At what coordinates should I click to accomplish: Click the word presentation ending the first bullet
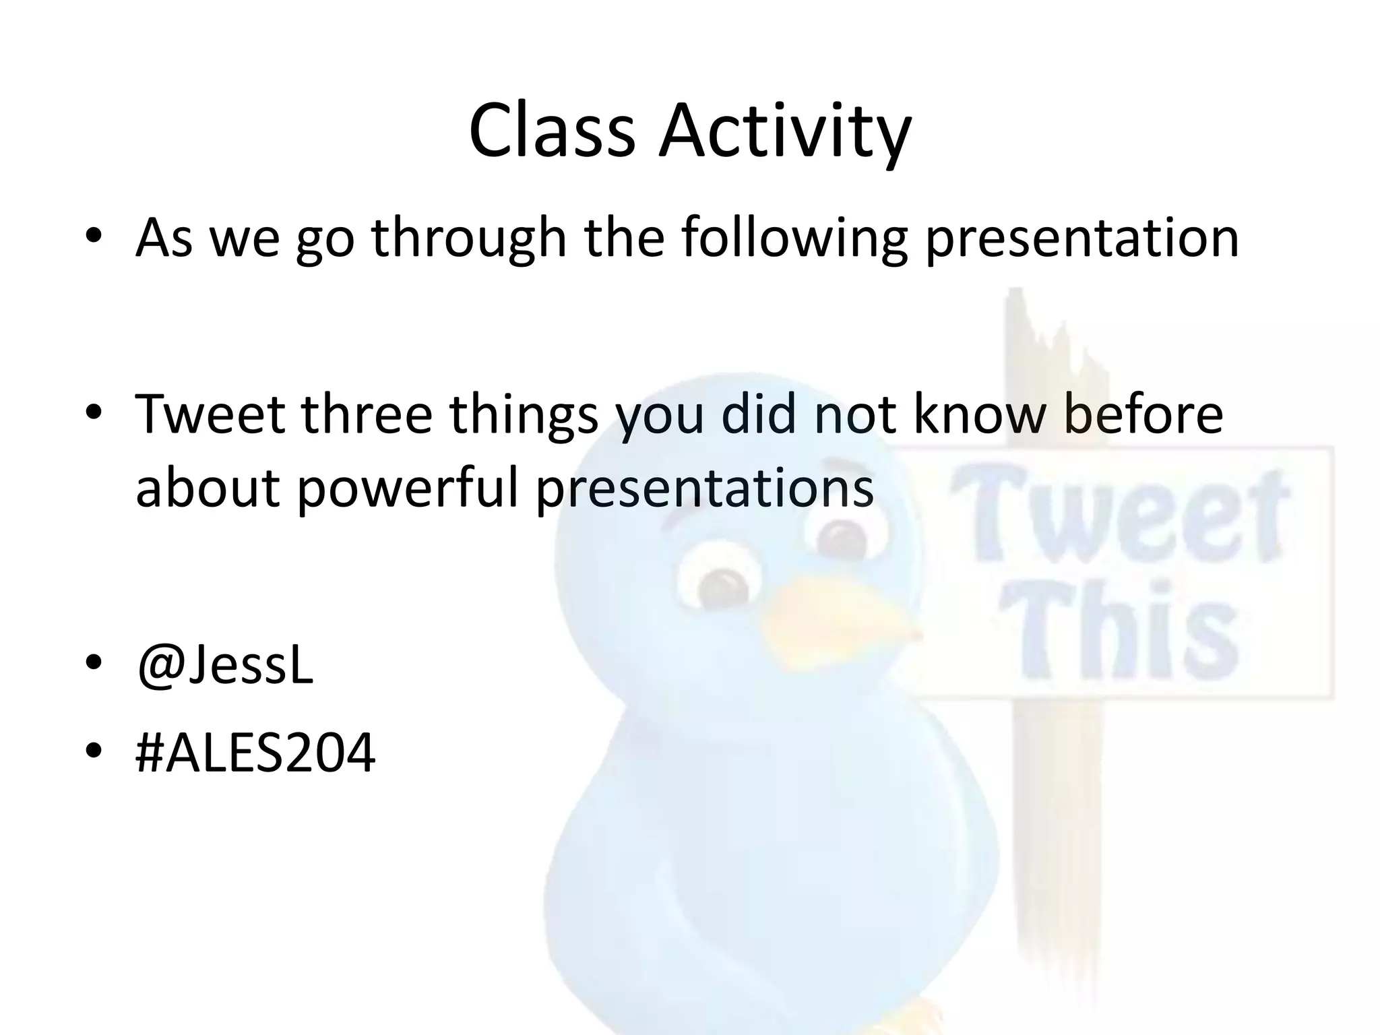[1081, 239]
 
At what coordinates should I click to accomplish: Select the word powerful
[408, 488]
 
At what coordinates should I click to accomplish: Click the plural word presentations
[705, 488]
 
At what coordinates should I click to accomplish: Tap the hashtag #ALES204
[255, 753]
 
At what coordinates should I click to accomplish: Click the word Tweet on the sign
[1119, 519]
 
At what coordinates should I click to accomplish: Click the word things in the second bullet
[524, 415]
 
